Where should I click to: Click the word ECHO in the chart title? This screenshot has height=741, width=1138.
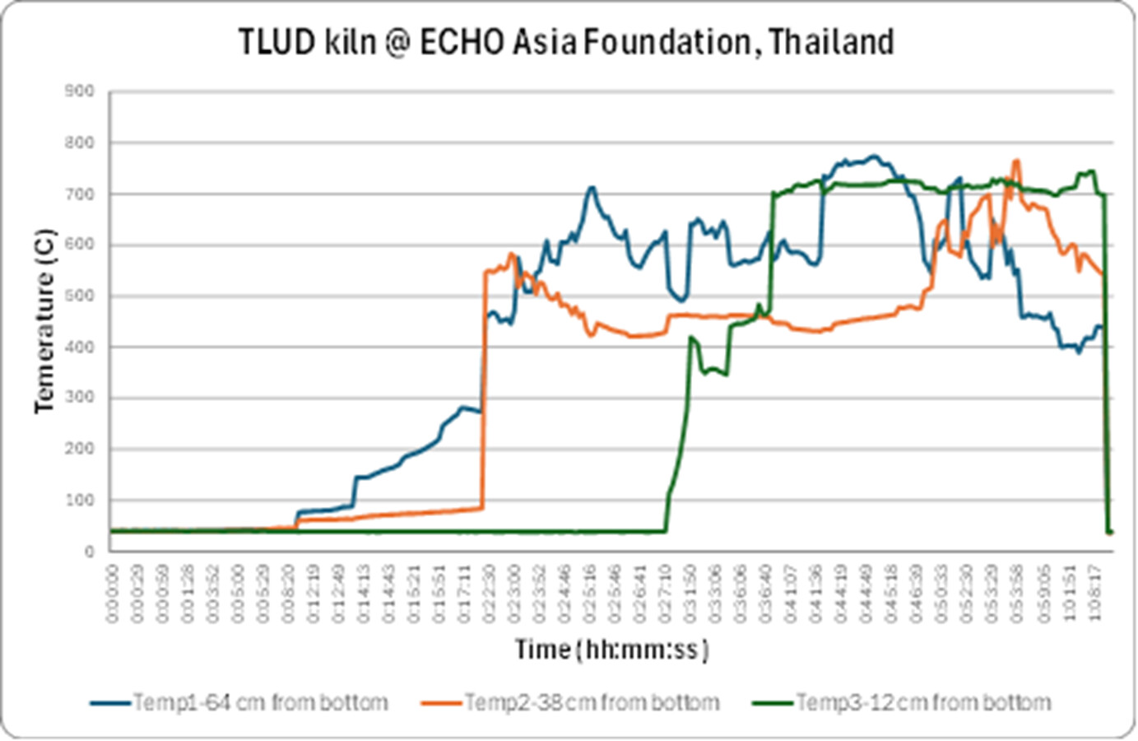tap(462, 41)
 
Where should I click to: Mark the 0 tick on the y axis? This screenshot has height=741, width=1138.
tap(90, 551)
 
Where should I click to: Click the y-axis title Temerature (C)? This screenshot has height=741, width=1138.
tap(44, 321)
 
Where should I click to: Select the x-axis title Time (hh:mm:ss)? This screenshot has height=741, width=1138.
tap(611, 650)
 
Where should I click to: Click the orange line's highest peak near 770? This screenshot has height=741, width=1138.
tap(1016, 161)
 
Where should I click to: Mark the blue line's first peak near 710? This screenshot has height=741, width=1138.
tap(591, 188)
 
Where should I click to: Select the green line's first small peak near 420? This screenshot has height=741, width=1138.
tap(691, 337)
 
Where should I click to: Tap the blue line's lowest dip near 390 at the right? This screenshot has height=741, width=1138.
tap(1079, 352)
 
